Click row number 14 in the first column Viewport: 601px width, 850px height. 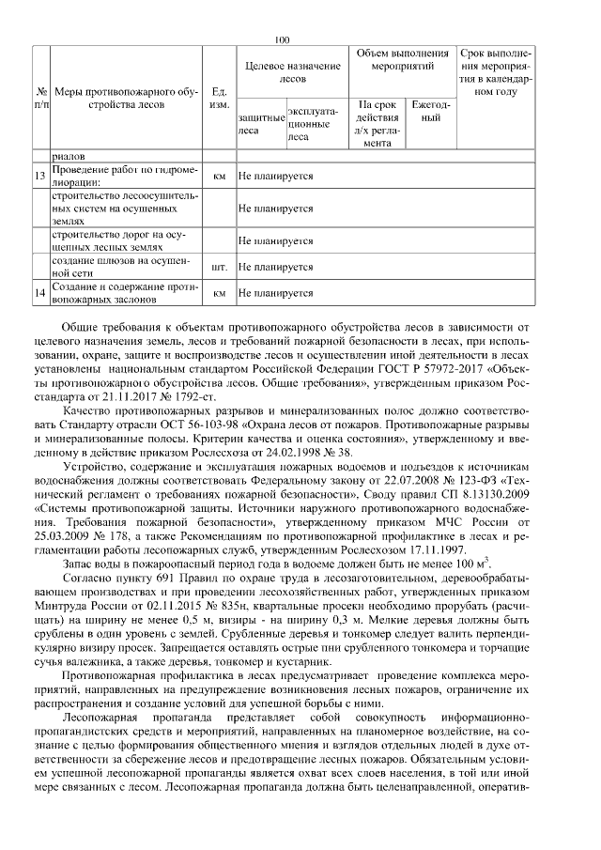click(x=39, y=293)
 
